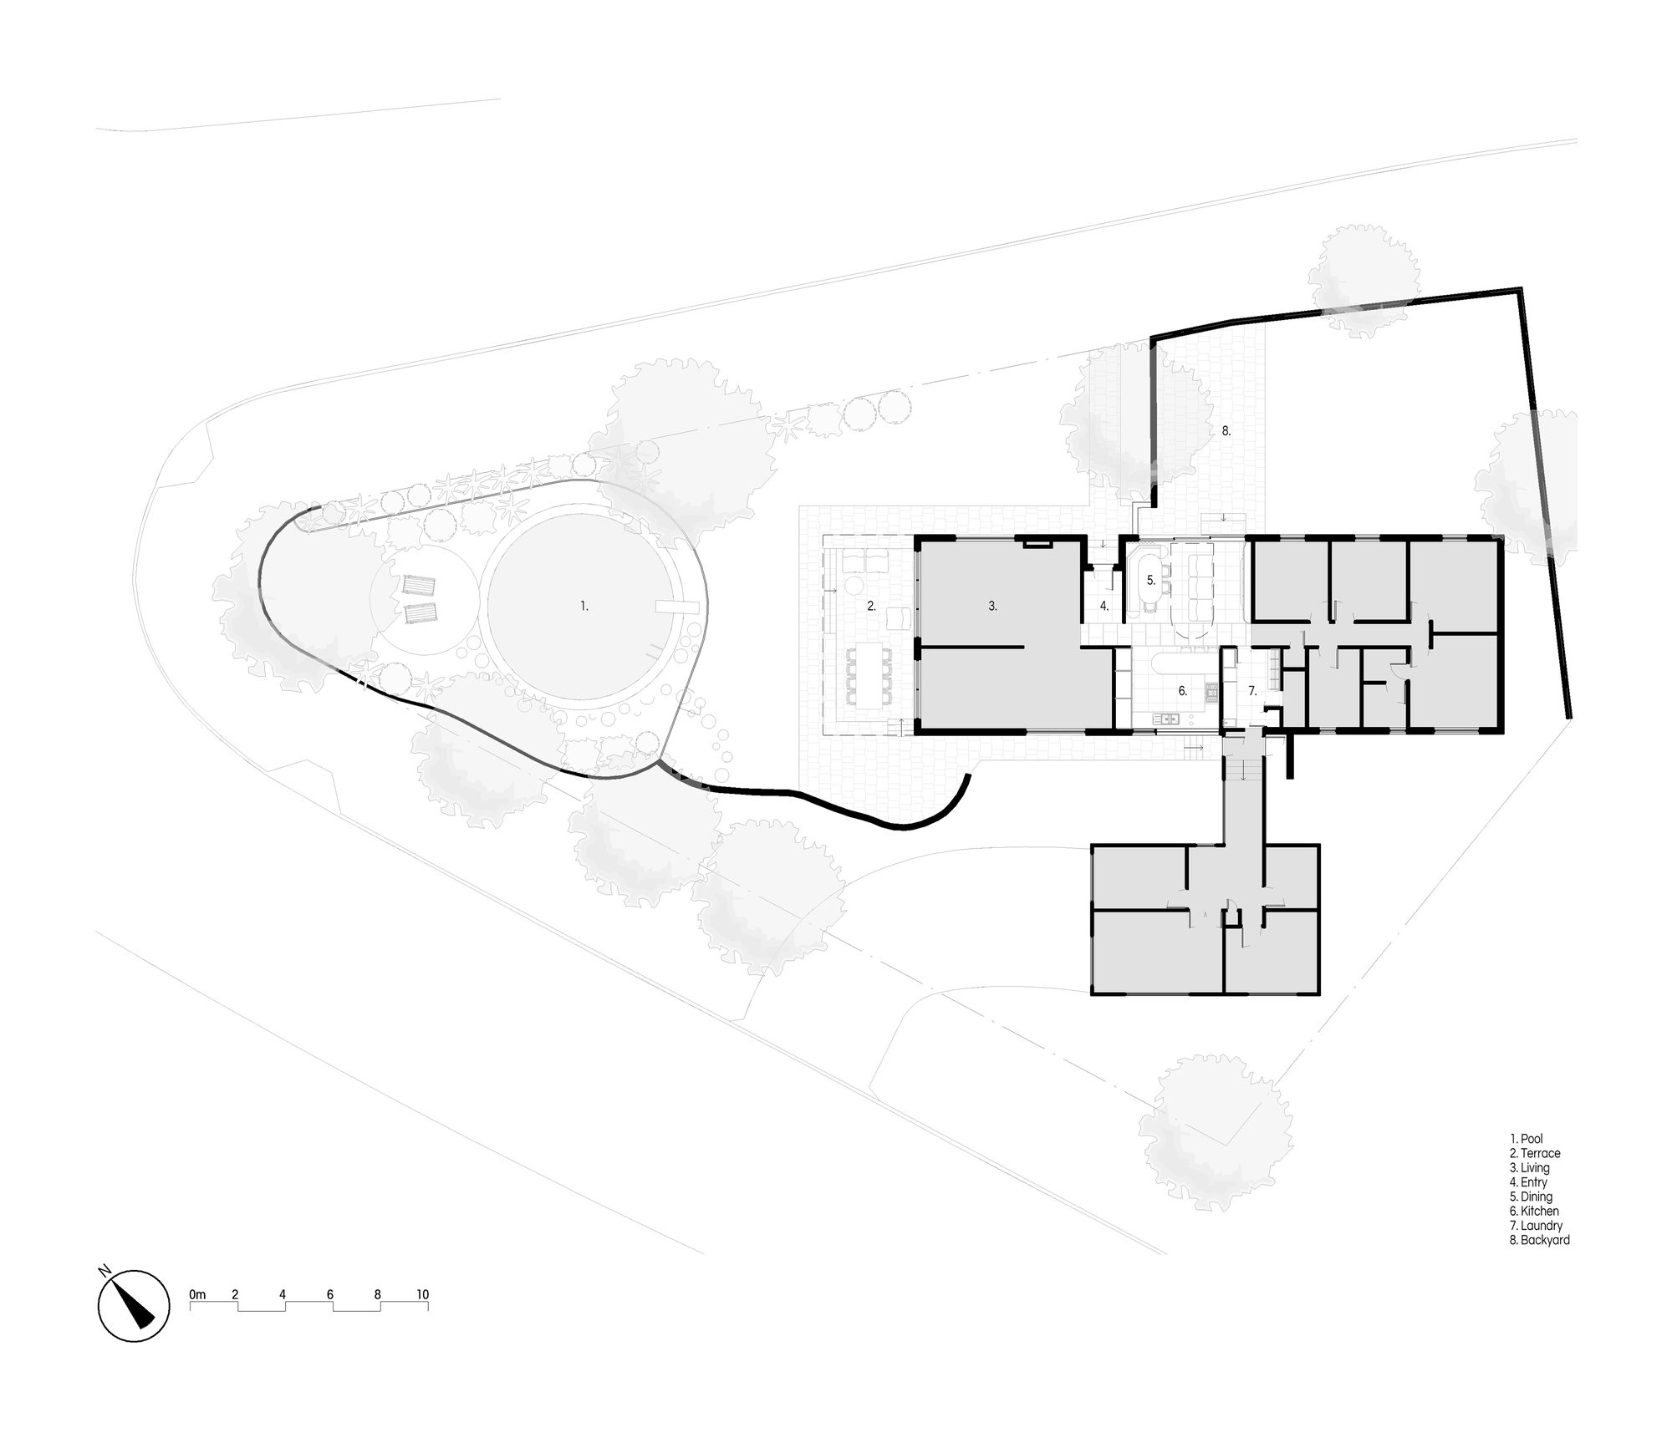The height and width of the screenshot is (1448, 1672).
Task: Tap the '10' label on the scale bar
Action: tap(422, 1295)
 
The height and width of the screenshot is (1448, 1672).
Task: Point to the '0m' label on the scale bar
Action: tap(197, 1295)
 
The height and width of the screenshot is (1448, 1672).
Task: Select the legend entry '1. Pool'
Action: tap(1527, 1139)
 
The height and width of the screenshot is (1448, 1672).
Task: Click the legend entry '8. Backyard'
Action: tap(1540, 1240)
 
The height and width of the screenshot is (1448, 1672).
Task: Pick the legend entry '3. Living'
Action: tap(1530, 1168)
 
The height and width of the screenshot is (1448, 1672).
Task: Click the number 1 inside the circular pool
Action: tap(584, 607)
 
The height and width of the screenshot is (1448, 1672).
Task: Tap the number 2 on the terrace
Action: tap(871, 607)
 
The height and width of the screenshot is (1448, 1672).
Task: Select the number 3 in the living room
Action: tap(992, 607)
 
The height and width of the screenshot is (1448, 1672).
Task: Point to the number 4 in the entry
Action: tap(1104, 607)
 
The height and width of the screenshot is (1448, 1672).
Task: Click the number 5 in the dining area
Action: tap(1150, 580)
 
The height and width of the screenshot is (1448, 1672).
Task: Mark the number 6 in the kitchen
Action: tap(1182, 691)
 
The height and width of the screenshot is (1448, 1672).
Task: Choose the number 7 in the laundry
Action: tap(1252, 691)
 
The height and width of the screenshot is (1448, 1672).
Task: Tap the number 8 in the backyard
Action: tap(1226, 431)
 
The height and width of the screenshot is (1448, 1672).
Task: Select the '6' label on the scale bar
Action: tap(330, 1295)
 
